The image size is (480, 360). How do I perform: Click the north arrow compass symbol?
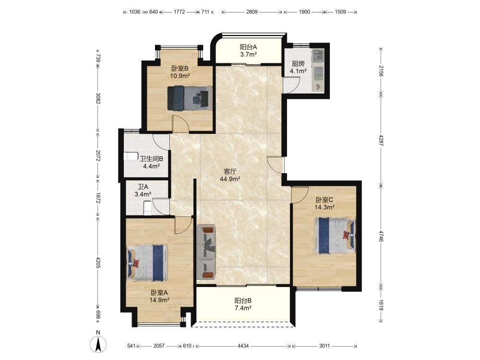click(x=98, y=344)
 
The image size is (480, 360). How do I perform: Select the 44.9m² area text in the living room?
click(x=230, y=179)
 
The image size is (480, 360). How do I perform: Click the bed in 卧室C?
click(x=335, y=235)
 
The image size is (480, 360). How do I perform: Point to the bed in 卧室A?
click(x=147, y=263)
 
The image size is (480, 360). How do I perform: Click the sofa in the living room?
click(x=206, y=252)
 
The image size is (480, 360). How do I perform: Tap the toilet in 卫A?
click(x=147, y=208)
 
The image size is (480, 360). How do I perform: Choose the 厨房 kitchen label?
click(x=298, y=64)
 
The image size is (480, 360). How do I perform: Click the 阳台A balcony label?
click(x=248, y=47)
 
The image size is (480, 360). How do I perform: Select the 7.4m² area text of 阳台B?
click(x=243, y=308)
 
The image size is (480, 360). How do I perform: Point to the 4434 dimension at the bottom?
click(x=243, y=346)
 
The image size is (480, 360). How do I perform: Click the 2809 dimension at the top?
click(x=252, y=12)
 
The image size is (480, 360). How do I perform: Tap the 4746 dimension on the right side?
click(x=381, y=236)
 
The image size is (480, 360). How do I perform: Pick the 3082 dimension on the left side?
click(x=98, y=98)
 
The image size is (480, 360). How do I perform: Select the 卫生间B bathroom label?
click(x=152, y=159)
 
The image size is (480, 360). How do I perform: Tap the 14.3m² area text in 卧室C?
click(x=324, y=207)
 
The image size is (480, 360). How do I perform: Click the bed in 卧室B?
click(x=190, y=98)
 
